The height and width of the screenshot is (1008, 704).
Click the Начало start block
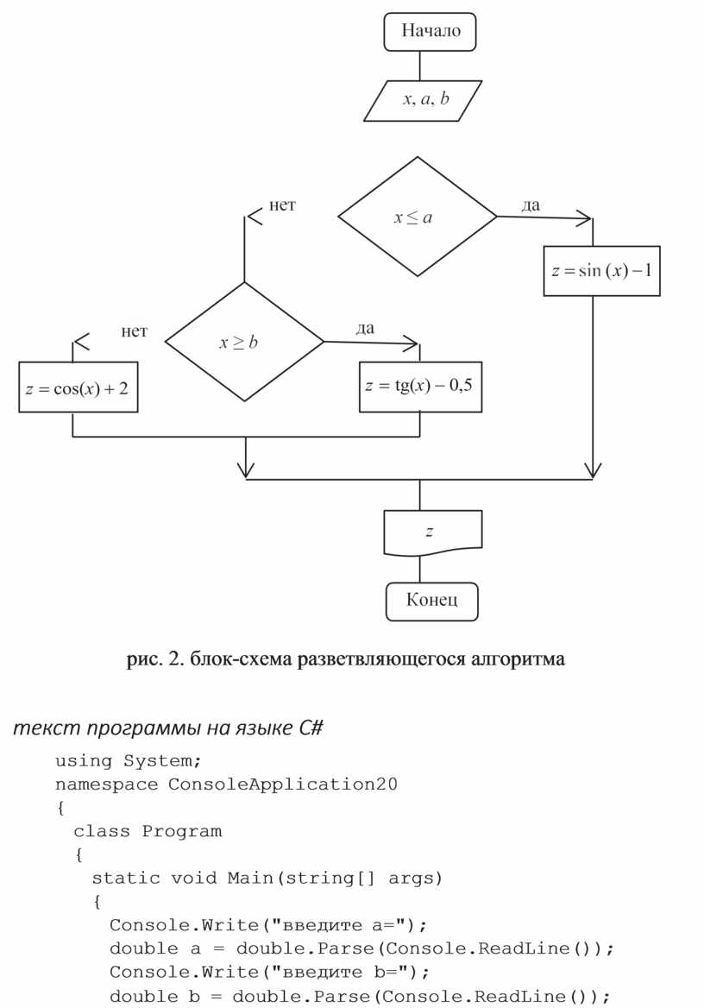point(430,32)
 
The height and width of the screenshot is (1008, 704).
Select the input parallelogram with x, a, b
point(424,100)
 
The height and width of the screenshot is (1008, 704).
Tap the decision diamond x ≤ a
point(417,217)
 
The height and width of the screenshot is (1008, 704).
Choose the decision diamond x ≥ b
point(244,342)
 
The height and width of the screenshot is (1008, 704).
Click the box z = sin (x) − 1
point(601,271)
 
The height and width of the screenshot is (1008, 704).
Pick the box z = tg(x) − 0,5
point(419,387)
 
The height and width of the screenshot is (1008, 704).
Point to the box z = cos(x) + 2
point(78,387)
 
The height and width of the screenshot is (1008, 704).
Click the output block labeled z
point(431,532)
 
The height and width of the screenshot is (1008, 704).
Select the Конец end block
point(431,600)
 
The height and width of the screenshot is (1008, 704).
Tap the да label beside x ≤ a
point(531,205)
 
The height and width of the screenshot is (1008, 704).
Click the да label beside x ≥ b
point(365,329)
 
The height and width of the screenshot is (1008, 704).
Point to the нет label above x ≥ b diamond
point(282,205)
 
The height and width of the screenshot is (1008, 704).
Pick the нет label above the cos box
point(134,331)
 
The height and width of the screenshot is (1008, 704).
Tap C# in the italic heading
point(311,728)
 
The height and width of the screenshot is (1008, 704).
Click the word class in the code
point(103,832)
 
